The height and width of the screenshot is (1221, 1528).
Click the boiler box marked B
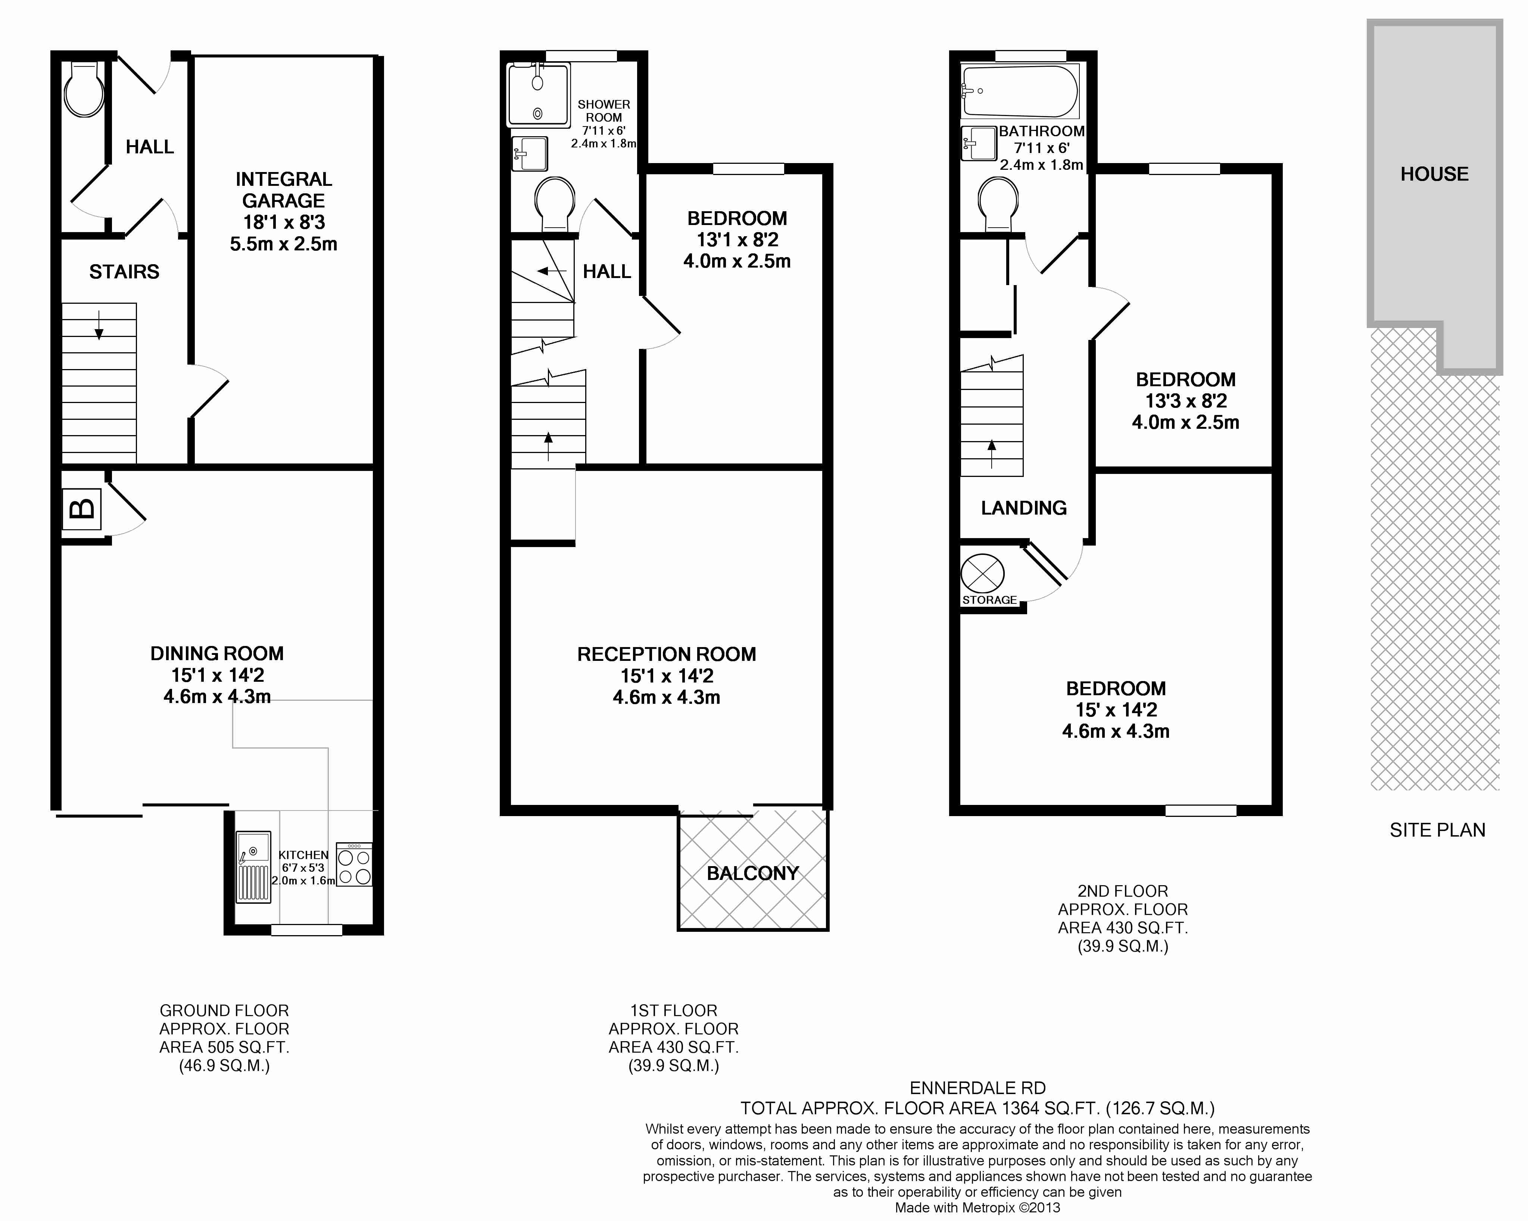(x=82, y=509)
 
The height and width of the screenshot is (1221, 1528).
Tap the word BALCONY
(x=753, y=873)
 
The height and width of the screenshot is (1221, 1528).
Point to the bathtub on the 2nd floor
(x=1020, y=91)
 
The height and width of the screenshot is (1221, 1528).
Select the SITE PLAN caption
(x=1437, y=830)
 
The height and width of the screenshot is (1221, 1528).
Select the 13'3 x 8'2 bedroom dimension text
(x=1186, y=401)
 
